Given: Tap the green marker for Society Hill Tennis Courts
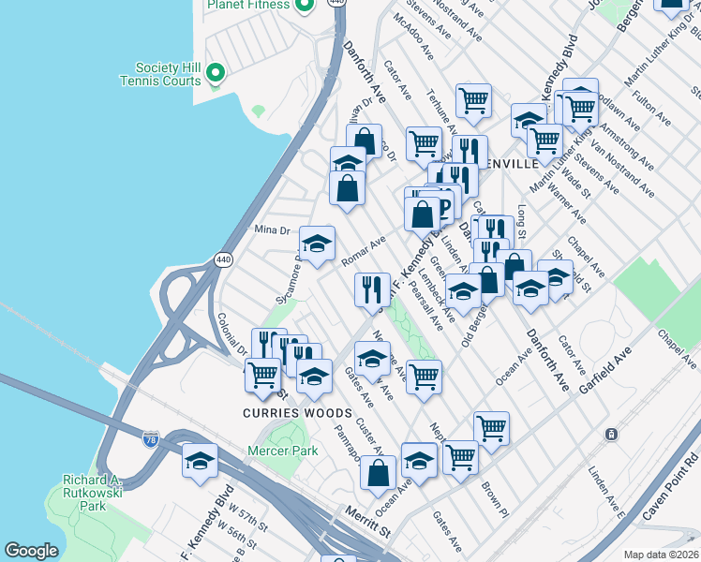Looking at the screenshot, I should click(x=215, y=71).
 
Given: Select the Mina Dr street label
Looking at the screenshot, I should click(x=274, y=229).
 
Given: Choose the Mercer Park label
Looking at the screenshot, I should click(x=282, y=451).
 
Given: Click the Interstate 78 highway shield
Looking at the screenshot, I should click(x=151, y=437).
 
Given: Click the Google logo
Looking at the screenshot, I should click(x=31, y=551).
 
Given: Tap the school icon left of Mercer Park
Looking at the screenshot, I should click(x=200, y=461).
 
